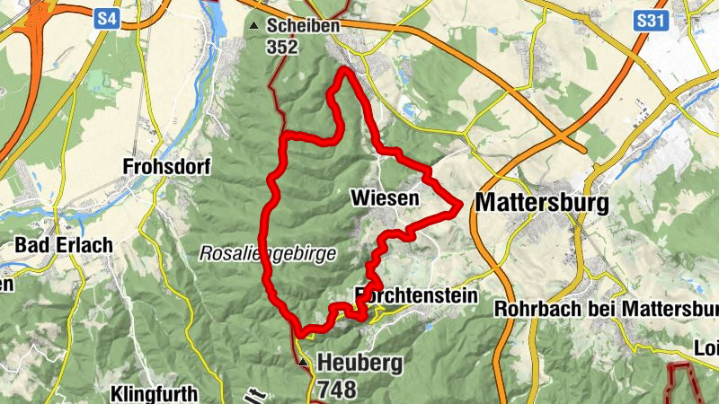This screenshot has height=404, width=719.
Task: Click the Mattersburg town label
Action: click(x=541, y=203)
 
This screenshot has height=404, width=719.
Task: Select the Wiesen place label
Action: click(x=386, y=197)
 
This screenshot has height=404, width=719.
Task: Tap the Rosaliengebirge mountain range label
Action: click(x=268, y=254)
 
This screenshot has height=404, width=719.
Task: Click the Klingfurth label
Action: click(x=152, y=393)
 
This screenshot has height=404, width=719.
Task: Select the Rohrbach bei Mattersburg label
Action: click(x=607, y=309)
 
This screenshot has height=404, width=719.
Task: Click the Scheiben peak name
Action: click(x=303, y=26)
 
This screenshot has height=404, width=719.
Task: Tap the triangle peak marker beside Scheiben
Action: click(x=253, y=26)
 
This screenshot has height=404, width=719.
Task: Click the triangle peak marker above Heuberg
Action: click(x=304, y=364)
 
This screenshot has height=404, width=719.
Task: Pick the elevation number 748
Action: click(x=336, y=389)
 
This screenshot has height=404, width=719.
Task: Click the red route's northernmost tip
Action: click(x=343, y=70)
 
